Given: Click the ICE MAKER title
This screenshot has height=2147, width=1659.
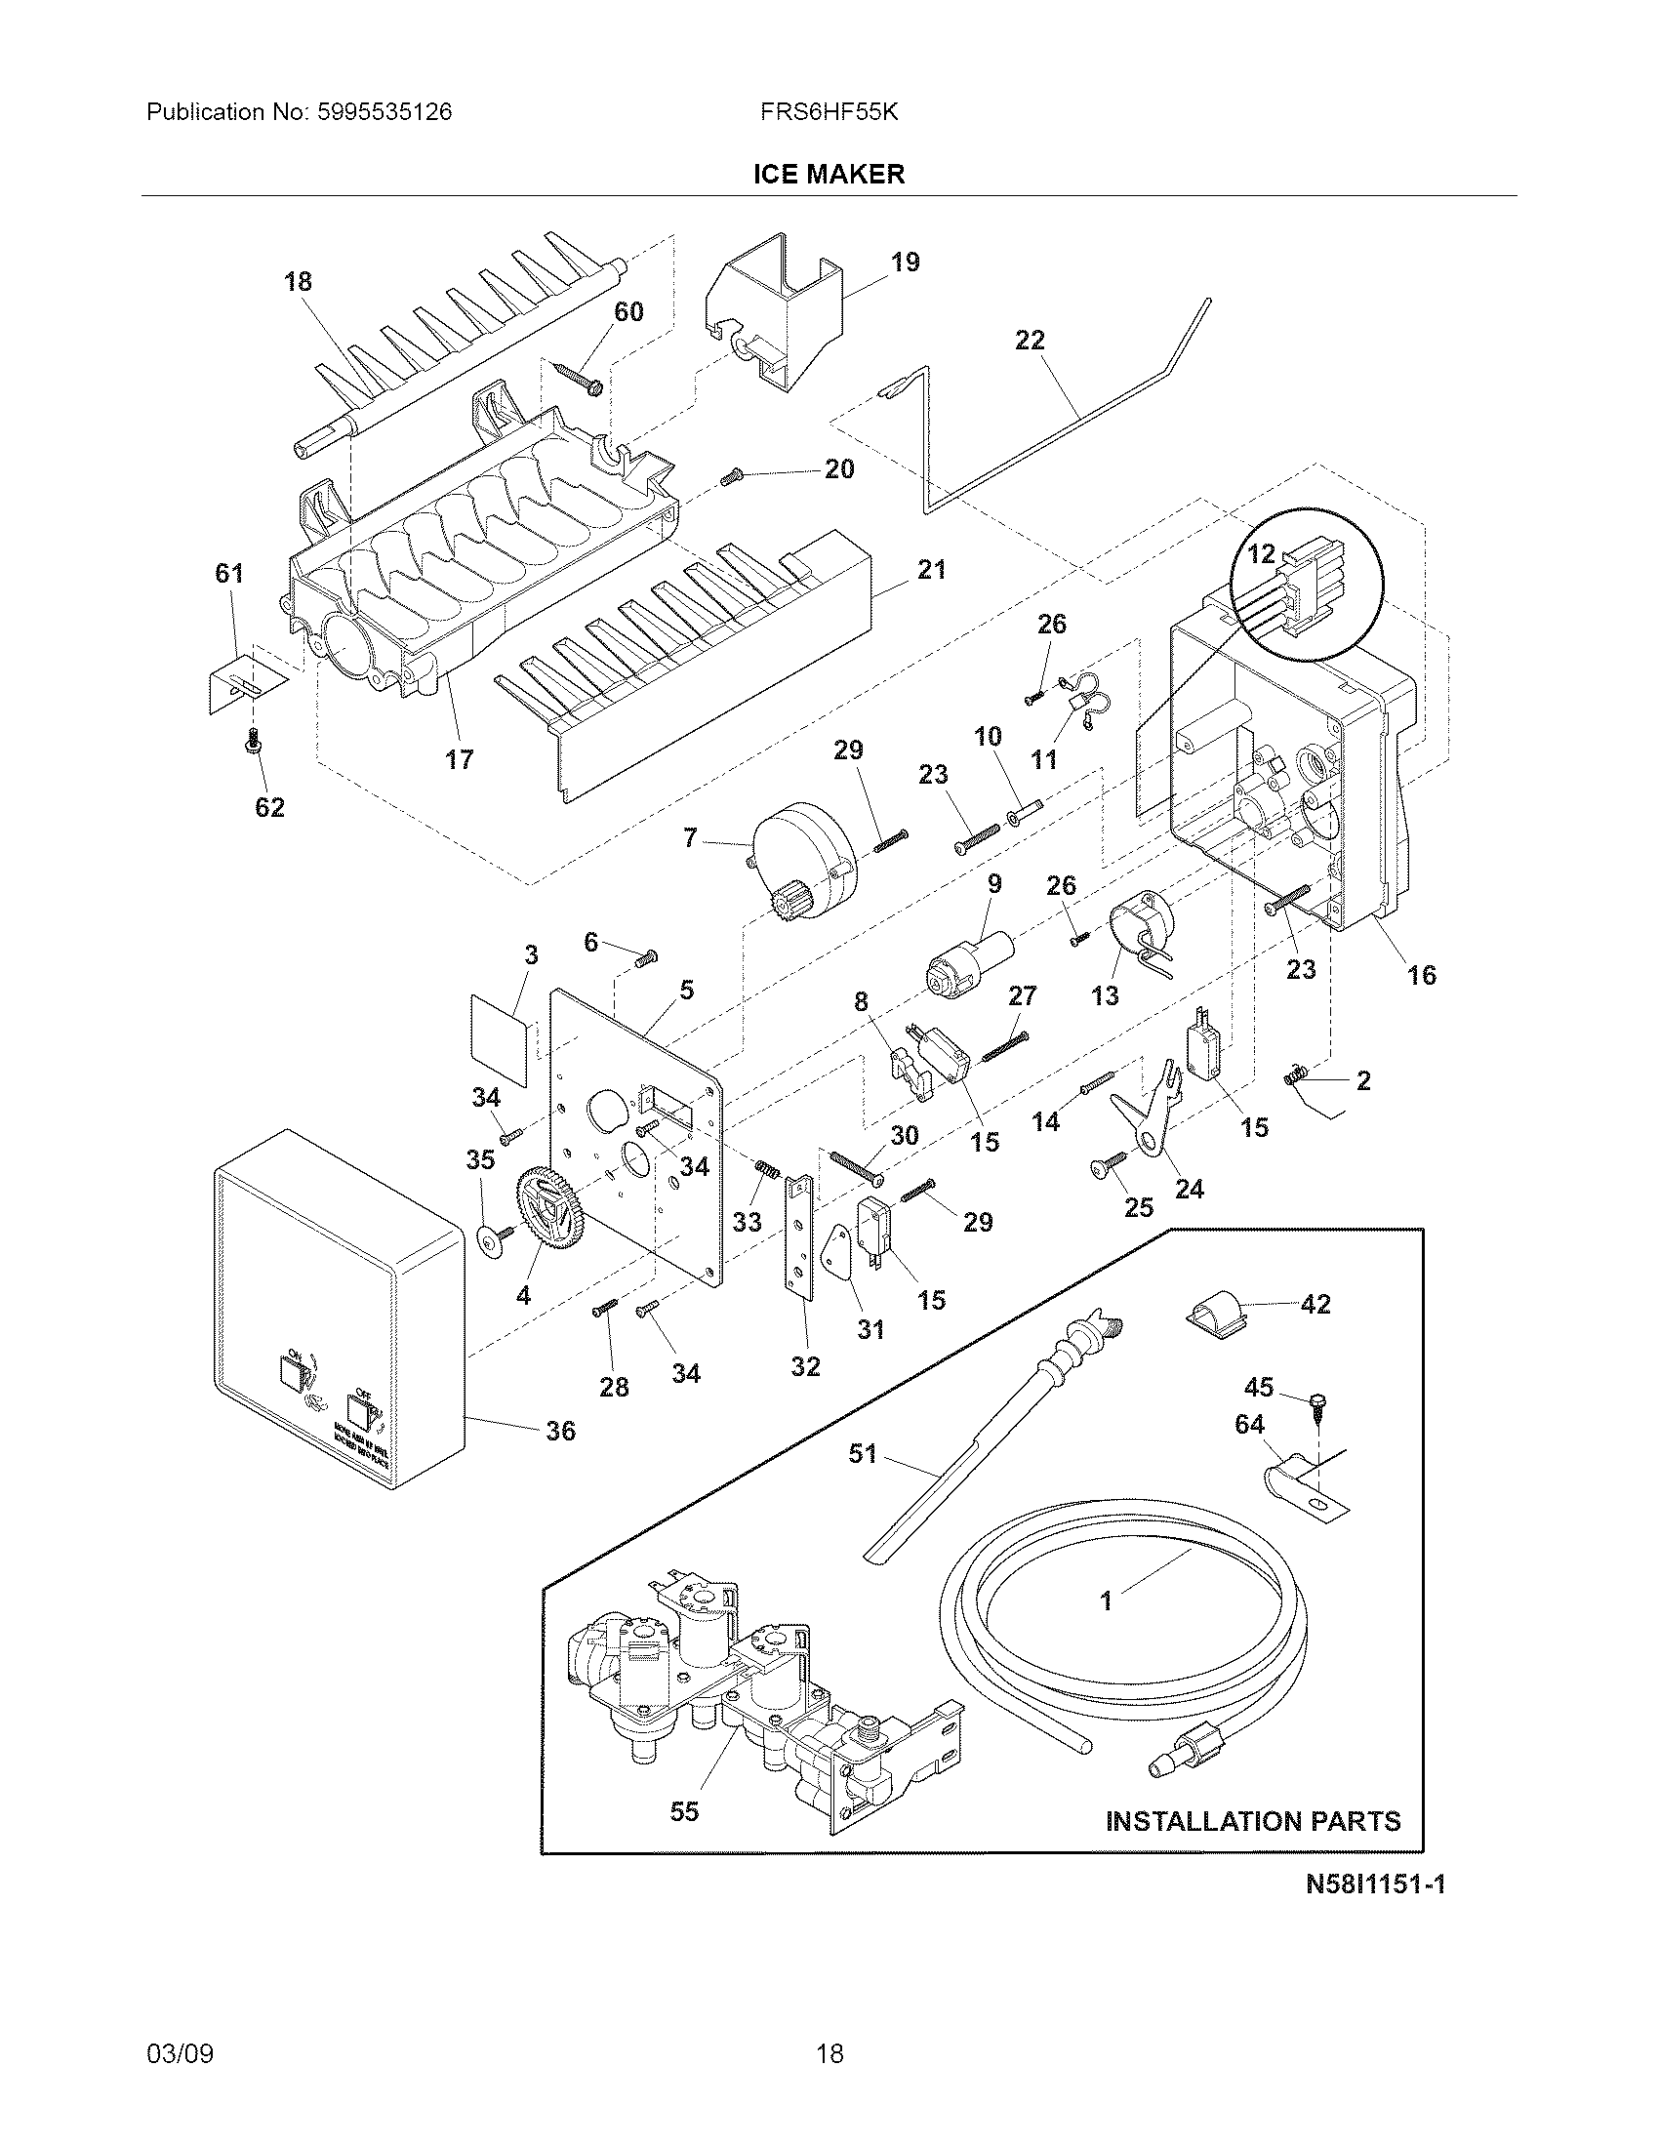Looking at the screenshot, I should tap(829, 175).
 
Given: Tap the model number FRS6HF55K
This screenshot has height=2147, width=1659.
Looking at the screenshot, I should tap(829, 112).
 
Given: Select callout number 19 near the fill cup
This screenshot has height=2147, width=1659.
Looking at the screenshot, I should tap(906, 263).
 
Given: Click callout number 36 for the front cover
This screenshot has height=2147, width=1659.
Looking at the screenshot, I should tap(560, 1431).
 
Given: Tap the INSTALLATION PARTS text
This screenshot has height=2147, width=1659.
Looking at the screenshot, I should tap(1253, 1822).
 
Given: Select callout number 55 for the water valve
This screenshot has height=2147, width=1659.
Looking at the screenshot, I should tap(684, 1810).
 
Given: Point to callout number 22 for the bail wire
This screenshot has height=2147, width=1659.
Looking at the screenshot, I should tap(1030, 341).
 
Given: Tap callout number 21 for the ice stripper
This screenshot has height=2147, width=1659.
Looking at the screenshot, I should tap(931, 569).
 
